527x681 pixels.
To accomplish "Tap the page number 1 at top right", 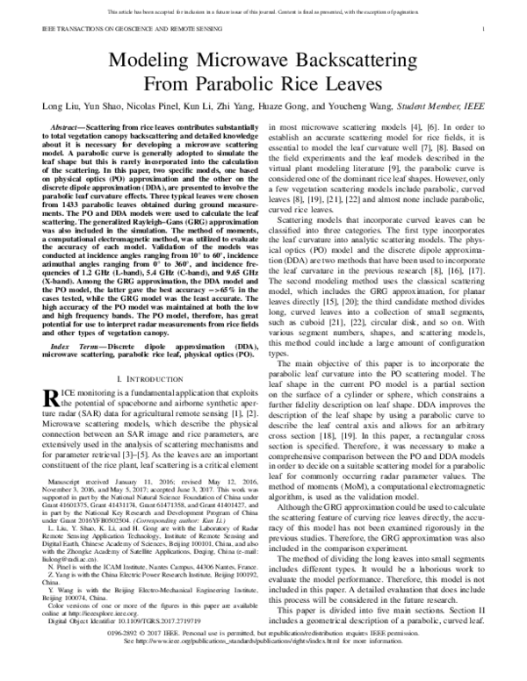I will click(497, 29).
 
